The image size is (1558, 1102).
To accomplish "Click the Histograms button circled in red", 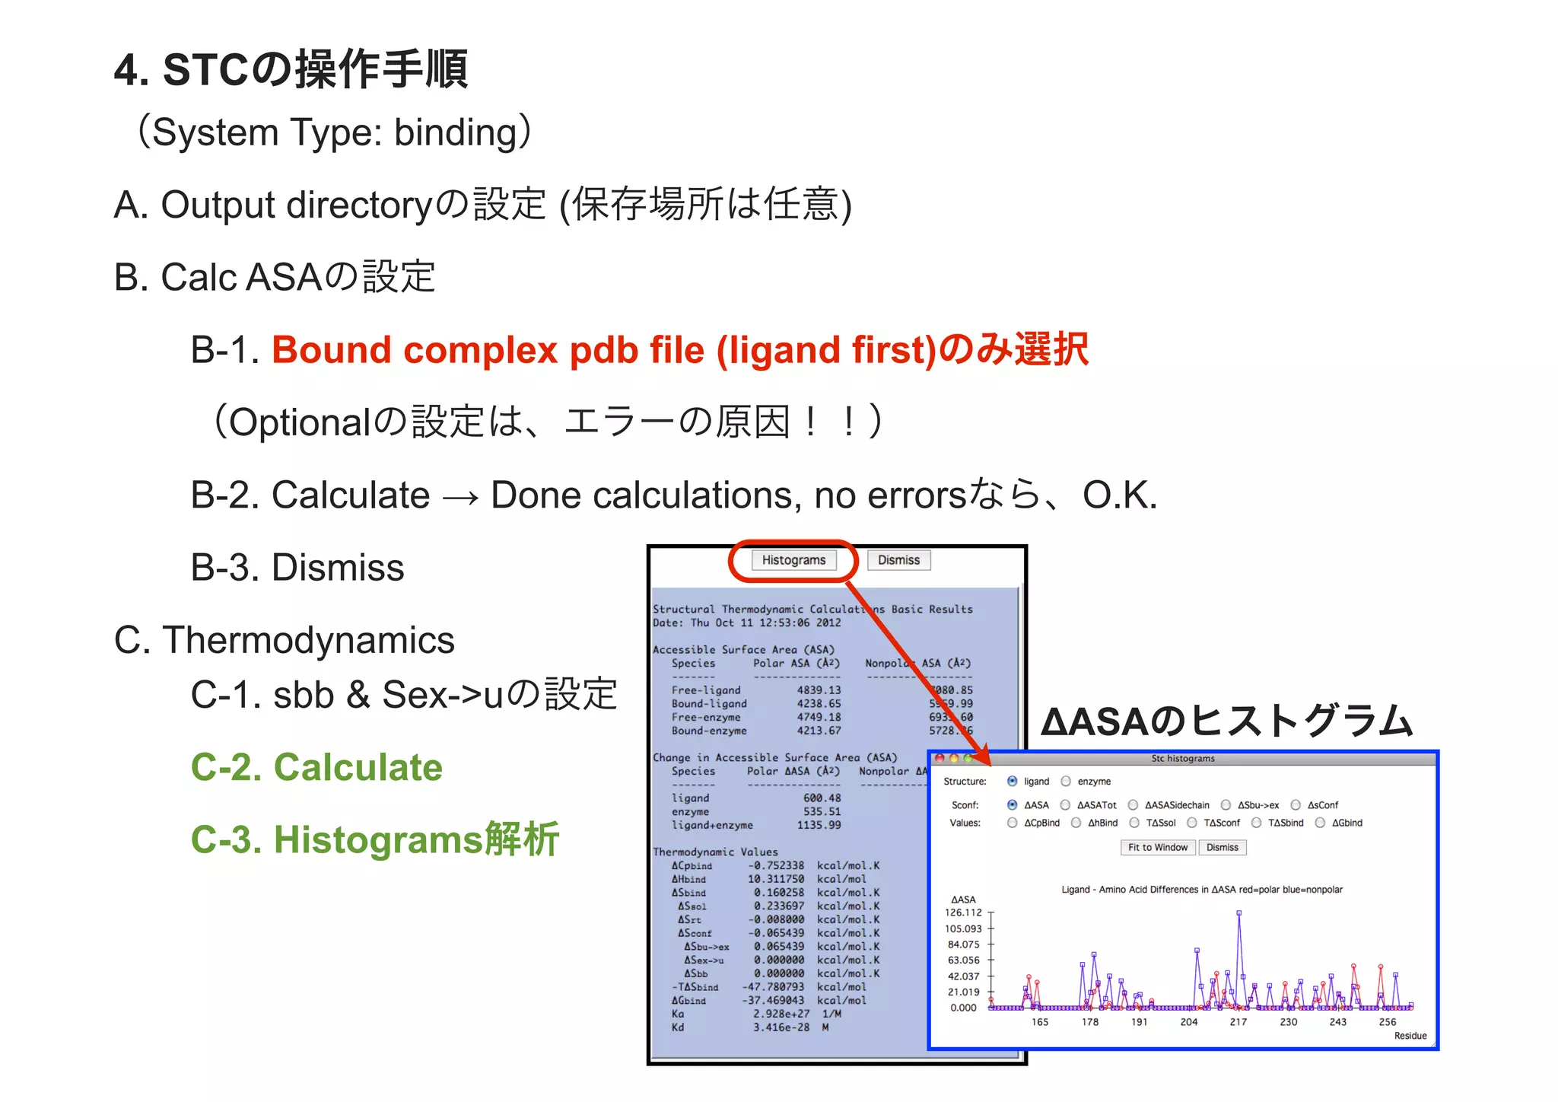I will pos(793,560).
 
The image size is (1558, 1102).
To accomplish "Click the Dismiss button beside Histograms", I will pos(898,560).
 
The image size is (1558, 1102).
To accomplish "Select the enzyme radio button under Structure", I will pos(1066,781).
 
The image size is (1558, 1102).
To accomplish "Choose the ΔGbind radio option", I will pos(1320,823).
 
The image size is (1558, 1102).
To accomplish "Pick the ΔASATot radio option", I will pos(1065,804).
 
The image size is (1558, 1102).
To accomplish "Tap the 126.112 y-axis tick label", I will pos(963,912).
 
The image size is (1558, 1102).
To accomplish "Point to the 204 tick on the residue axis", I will pos(1188,1022).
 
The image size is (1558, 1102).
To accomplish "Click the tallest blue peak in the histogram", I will pos(1239,913).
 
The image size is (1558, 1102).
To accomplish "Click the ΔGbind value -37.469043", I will pos(773,1001).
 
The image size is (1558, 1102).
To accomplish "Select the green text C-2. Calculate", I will pos(316,767).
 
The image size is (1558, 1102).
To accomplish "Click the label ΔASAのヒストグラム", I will pos(1226,721).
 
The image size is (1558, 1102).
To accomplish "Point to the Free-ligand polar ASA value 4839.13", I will pos(819,690).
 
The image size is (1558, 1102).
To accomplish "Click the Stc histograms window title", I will pos(1182,758).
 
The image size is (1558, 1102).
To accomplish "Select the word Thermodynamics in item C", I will pos(308,640).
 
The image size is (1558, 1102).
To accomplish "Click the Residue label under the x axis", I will pos(1410,1036).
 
